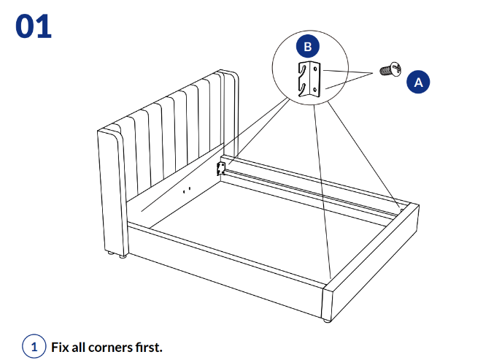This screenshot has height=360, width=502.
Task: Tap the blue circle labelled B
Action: coord(307,46)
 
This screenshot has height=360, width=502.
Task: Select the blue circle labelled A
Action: coord(418,83)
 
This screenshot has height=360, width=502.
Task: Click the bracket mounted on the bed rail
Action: coord(221,169)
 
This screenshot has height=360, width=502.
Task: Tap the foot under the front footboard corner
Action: coord(324,320)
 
